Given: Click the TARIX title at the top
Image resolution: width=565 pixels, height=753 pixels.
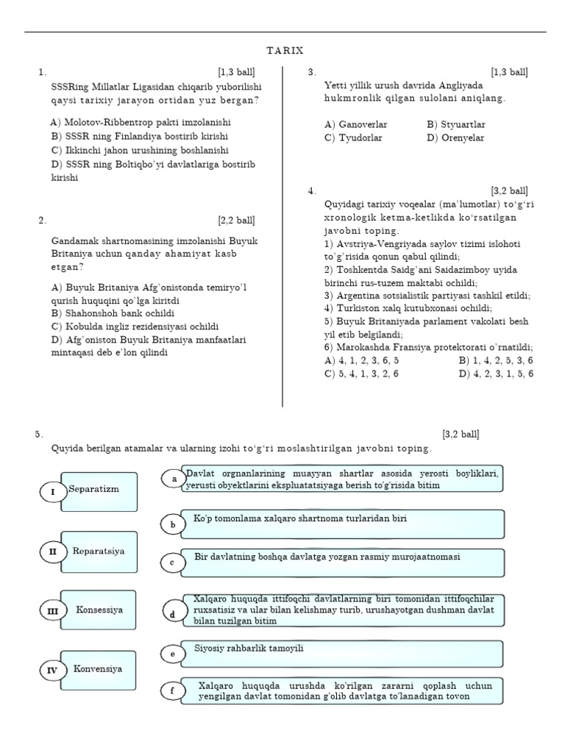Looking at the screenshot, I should (285, 50).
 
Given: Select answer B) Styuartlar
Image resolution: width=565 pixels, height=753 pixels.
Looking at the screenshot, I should (455, 125).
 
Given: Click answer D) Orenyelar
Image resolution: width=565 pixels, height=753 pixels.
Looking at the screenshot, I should (455, 138).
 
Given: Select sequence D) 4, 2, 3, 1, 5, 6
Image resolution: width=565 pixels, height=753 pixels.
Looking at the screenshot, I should (496, 374).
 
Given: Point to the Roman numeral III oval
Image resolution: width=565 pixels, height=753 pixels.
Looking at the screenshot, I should (52, 610).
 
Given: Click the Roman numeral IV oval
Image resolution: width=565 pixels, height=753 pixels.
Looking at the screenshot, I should (52, 671).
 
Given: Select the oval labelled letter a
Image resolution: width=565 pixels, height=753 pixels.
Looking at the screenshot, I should (174, 479).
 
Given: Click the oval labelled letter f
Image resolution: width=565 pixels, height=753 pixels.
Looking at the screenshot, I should (172, 691).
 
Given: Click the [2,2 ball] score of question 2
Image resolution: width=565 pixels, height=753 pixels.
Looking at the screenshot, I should (236, 220).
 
